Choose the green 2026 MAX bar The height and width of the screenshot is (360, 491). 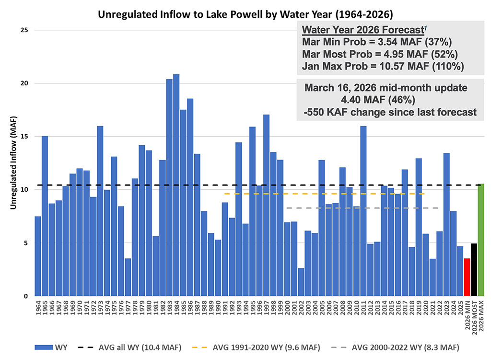pos(481,240)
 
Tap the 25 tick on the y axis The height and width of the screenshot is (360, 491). pos(24,30)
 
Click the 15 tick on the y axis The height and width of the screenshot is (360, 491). pos(24,137)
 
